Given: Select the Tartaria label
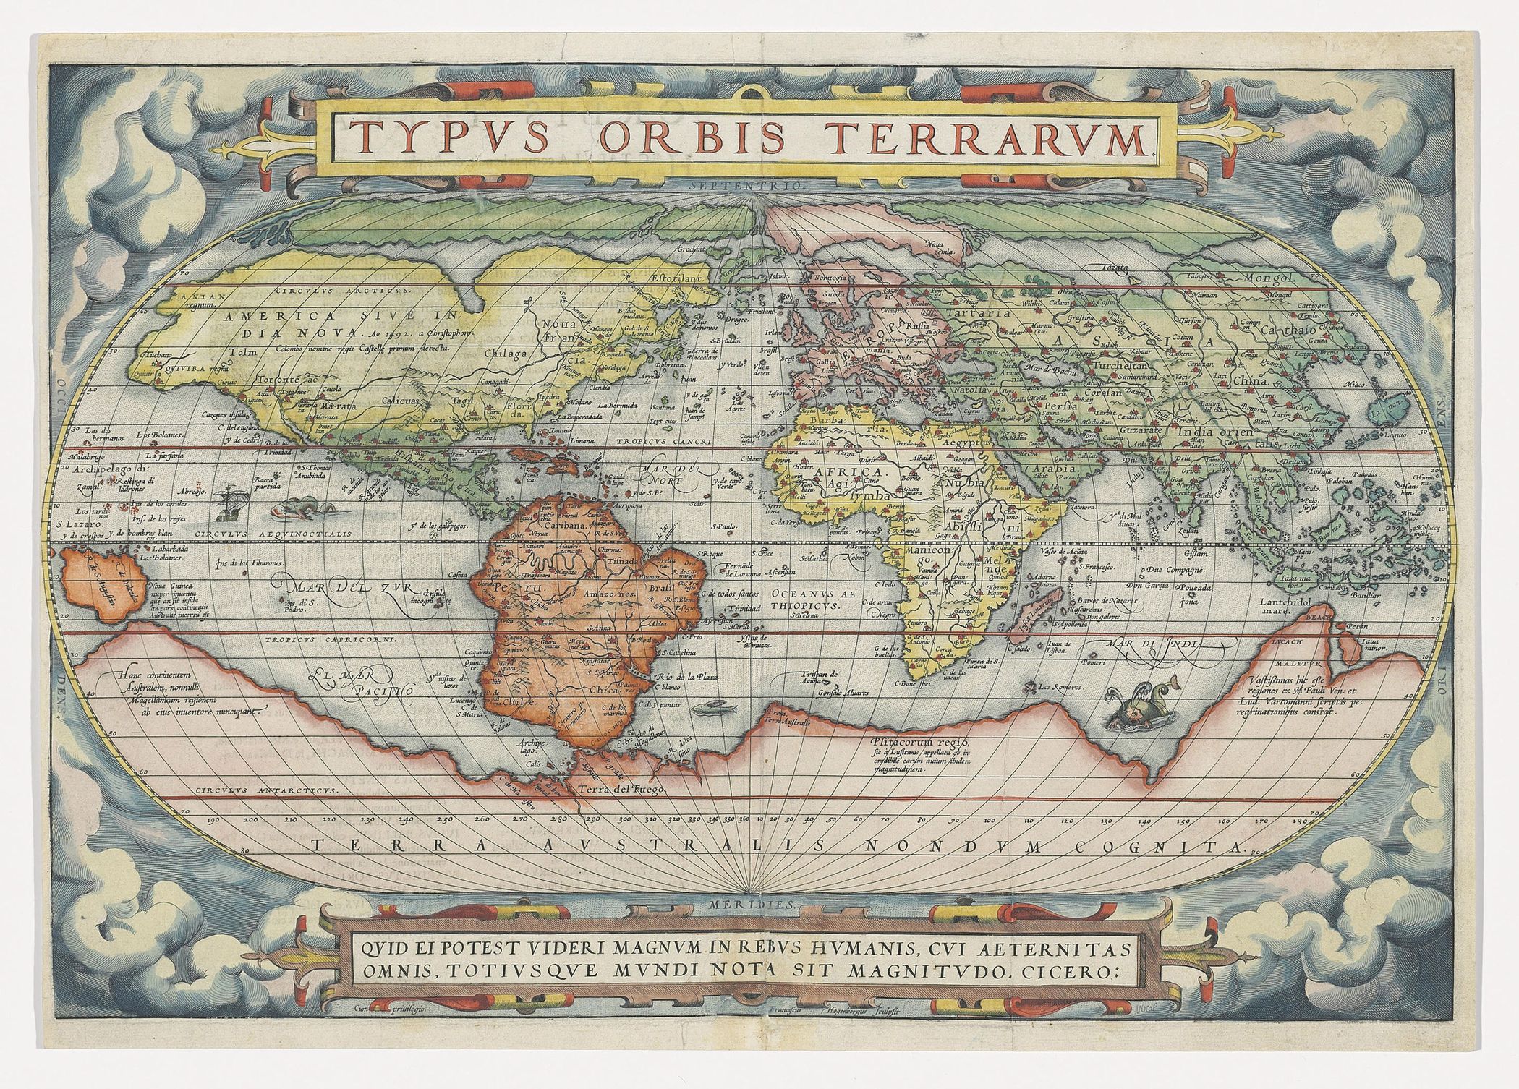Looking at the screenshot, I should (x=983, y=315).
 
